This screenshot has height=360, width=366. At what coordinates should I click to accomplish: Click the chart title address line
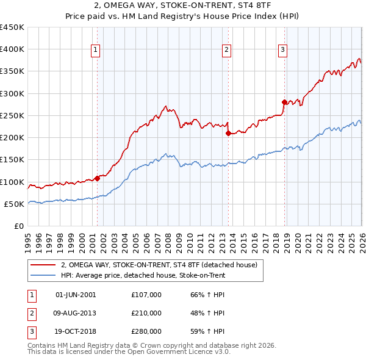tap(182, 6)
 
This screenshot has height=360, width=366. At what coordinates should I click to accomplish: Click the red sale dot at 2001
tap(97, 179)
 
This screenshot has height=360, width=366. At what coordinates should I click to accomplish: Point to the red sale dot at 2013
tap(227, 133)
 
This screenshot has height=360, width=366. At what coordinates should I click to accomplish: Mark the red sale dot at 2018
tap(284, 102)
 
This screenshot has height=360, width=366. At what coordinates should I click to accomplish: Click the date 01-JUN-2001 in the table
tap(76, 295)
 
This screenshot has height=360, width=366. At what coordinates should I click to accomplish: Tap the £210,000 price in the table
tap(146, 313)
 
